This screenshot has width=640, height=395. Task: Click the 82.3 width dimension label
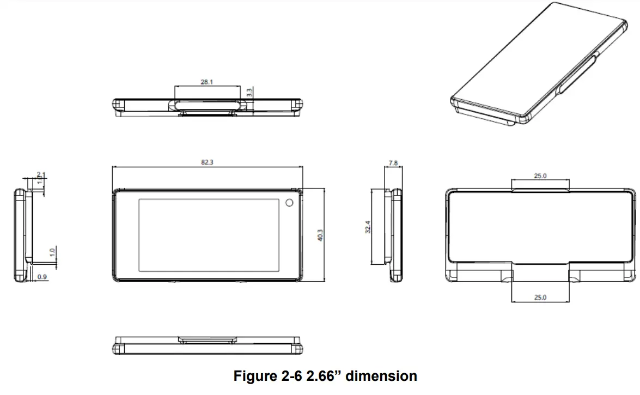[207, 162]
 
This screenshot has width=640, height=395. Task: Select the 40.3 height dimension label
[320, 235]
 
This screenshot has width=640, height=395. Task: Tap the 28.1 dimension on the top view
[207, 82]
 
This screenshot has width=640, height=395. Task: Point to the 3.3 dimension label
[249, 93]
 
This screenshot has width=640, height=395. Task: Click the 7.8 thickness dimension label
[393, 162]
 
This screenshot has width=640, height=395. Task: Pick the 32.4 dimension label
[368, 227]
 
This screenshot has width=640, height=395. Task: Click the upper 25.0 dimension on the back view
[540, 175]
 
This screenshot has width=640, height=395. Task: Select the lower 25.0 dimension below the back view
[540, 297]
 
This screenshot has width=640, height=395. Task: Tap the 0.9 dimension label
[42, 277]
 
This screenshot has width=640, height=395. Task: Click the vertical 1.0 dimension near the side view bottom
[52, 253]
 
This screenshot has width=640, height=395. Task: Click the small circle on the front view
[289, 203]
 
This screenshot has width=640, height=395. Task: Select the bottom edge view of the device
[208, 345]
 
